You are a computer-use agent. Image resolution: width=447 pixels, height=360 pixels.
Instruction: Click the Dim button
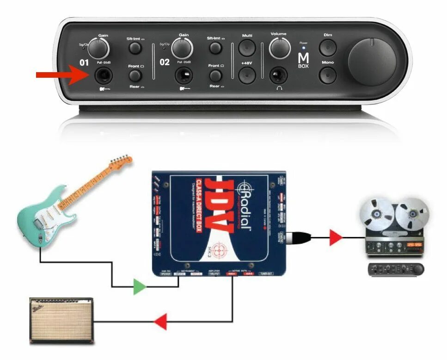point(328,47)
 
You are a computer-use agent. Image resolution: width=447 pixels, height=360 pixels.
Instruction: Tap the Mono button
point(328,74)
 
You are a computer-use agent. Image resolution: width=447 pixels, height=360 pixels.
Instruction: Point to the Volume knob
point(280,48)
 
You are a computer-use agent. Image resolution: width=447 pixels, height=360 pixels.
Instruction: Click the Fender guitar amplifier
point(61,319)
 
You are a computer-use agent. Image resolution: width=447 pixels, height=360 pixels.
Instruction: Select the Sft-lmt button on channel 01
point(135,48)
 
